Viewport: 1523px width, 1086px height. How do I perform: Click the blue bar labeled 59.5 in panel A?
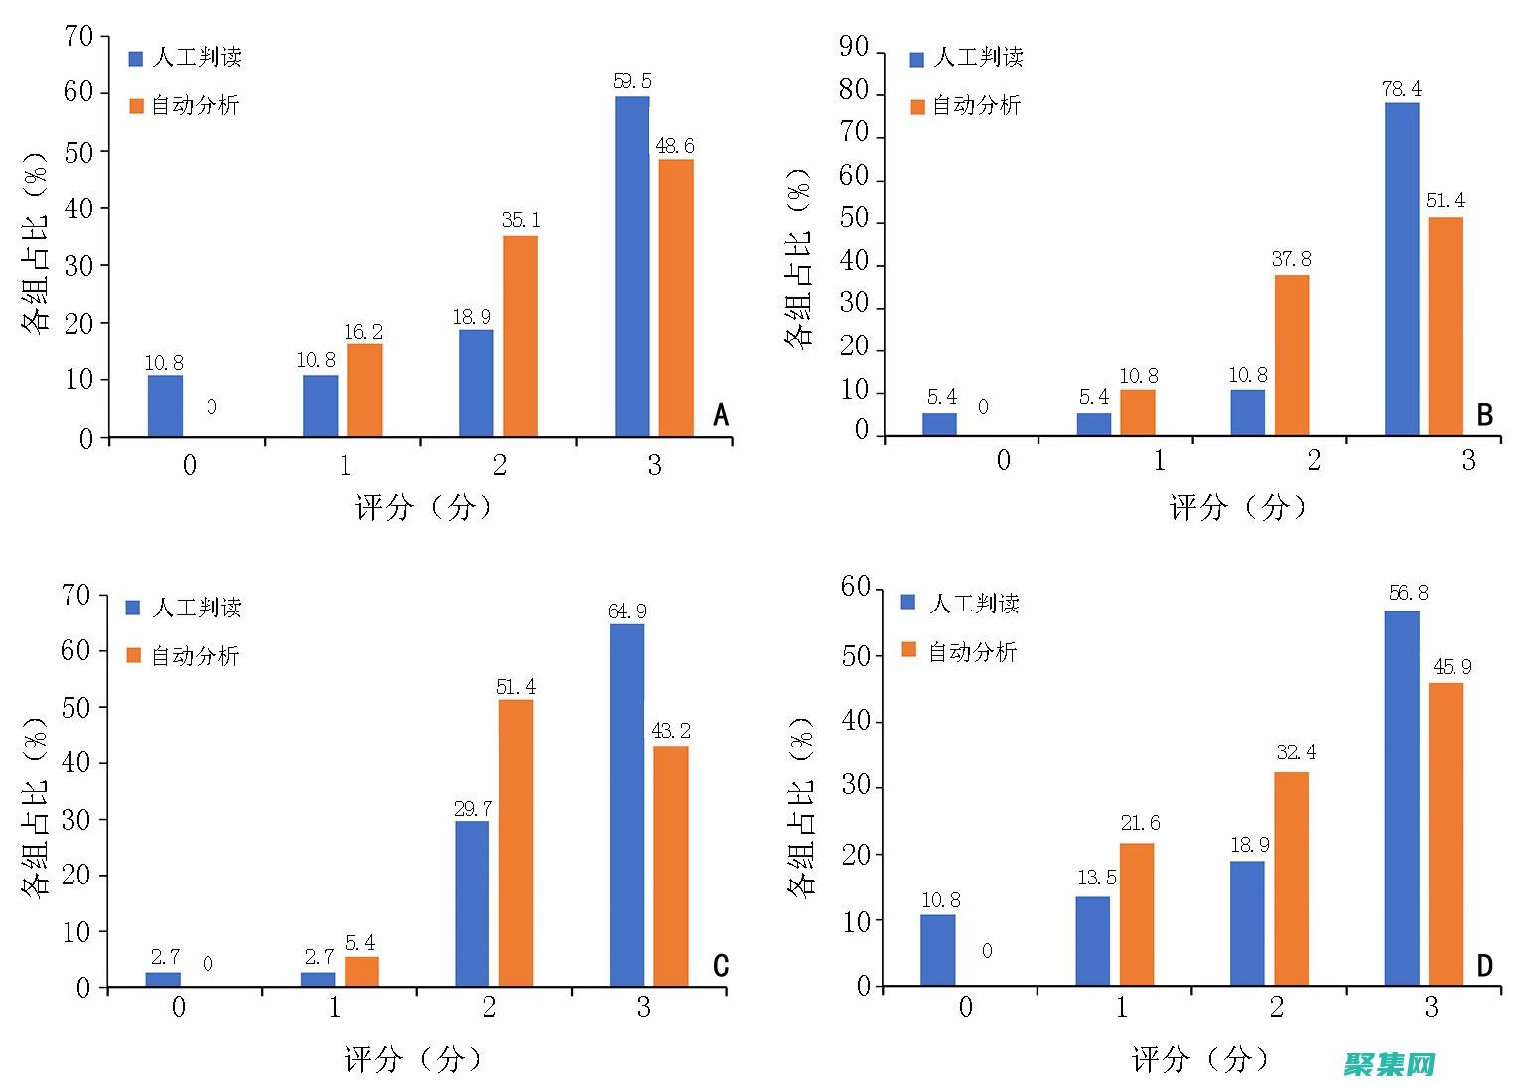click(631, 266)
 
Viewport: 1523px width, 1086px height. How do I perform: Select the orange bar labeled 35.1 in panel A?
click(520, 336)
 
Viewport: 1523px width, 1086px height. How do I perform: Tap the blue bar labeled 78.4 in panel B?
click(1401, 268)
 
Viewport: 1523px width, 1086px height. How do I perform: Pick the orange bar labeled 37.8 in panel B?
click(1292, 354)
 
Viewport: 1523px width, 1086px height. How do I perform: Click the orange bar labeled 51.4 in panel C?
click(515, 843)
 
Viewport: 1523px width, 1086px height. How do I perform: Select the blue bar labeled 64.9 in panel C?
click(626, 805)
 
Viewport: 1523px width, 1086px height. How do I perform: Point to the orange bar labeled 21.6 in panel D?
click(1137, 914)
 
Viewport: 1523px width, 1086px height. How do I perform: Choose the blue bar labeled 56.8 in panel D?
click(1401, 798)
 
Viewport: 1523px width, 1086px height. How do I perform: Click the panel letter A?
click(721, 415)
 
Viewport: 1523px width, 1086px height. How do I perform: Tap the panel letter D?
click(1485, 965)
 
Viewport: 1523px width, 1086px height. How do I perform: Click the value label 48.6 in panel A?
click(675, 146)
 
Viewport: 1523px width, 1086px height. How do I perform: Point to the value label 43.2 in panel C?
click(671, 731)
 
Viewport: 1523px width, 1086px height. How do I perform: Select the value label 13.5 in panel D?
click(1096, 878)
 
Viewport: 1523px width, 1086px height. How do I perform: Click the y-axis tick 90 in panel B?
click(853, 48)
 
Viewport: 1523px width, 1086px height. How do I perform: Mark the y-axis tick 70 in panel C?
click(75, 595)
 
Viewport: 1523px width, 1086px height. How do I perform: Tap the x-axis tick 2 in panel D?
click(1276, 1008)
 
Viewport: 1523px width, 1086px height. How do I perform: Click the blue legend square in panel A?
click(136, 59)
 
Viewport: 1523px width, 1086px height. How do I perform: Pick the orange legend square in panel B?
click(917, 107)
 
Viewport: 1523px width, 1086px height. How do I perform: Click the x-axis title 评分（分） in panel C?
click(413, 1060)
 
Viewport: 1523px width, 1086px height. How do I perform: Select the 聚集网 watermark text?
click(1390, 1065)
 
